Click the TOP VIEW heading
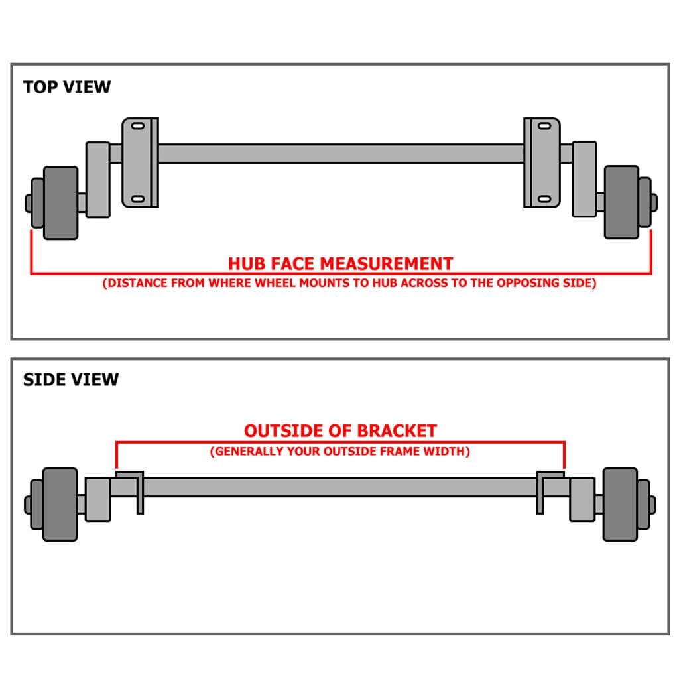coord(67,87)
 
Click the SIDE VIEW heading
coord(71,379)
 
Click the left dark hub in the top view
coord(60,202)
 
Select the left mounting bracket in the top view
coord(140,162)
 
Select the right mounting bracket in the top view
coord(542,162)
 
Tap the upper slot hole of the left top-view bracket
coord(138,126)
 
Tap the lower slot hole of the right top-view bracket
coord(543,199)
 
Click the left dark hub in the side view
coord(60,504)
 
